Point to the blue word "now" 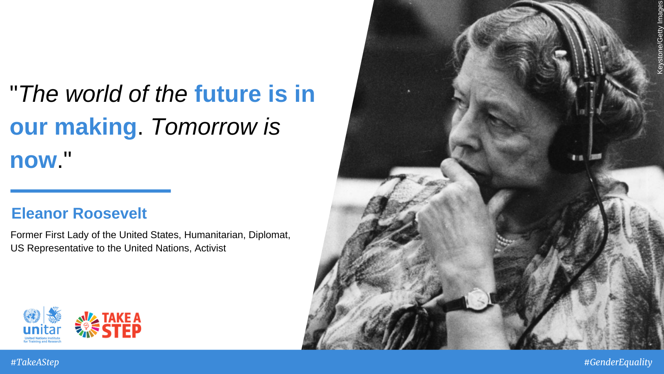[33, 160]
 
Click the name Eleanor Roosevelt [79, 214]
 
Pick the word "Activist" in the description [210, 248]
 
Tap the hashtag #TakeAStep [35, 362]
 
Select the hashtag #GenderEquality [618, 362]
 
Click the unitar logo [42, 325]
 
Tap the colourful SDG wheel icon [87, 325]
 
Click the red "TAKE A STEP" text [122, 325]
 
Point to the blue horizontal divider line [91, 191]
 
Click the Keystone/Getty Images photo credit [660, 37]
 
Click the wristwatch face [477, 300]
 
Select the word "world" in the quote [93, 94]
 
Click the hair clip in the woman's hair [561, 54]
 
